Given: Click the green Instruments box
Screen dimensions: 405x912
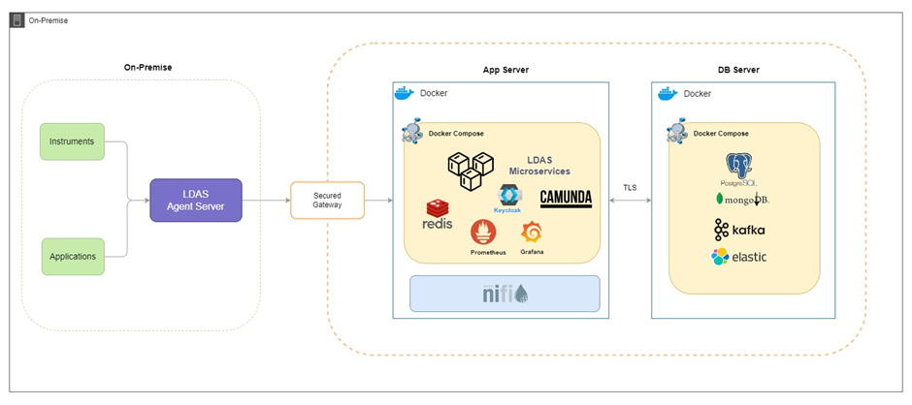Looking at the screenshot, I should tap(72, 141).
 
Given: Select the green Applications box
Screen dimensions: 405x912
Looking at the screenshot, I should tap(72, 257).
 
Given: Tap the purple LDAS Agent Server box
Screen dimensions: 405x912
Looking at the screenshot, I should tap(195, 200).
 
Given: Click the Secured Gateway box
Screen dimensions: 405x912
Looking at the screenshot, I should tap(327, 200).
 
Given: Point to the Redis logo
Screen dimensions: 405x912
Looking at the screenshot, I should tap(438, 214).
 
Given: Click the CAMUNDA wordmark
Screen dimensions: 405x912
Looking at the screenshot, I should tap(565, 198).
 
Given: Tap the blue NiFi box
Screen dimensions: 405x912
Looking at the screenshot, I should tap(505, 294).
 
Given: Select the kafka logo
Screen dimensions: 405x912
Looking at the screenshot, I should tap(739, 230).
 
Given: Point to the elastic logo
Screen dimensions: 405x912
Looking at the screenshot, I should tap(738, 257).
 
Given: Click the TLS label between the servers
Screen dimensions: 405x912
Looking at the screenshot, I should tap(630, 186).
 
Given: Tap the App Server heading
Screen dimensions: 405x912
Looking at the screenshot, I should tap(505, 70).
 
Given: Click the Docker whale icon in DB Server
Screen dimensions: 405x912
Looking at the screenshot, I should tap(668, 94).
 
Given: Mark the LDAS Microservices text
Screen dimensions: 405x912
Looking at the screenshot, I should tap(548, 165).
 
